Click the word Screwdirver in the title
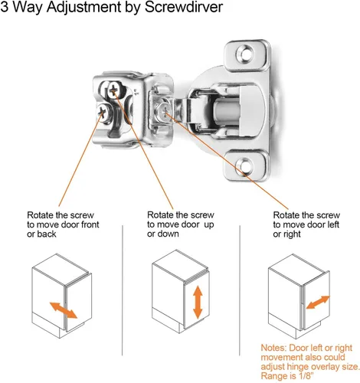pyautogui.click(x=184, y=7)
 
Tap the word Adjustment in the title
pyautogui.click(x=83, y=8)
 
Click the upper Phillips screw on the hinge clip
pyautogui.click(x=113, y=90)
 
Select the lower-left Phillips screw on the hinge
pyautogui.click(x=103, y=112)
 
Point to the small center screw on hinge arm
pyautogui.click(x=163, y=110)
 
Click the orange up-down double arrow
pyautogui.click(x=198, y=302)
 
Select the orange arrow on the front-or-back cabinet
pyautogui.click(x=64, y=310)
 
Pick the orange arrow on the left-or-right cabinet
pyautogui.click(x=318, y=302)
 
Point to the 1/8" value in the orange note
pyautogui.click(x=305, y=376)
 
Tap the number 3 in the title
pyautogui.click(x=4, y=7)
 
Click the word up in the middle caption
pyautogui.click(x=209, y=225)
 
